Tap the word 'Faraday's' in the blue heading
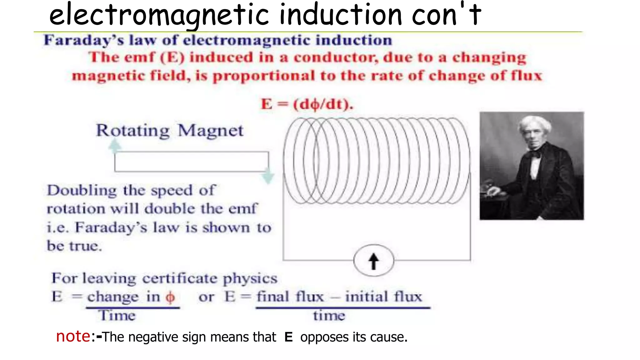[84, 40]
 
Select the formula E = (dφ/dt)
[307, 104]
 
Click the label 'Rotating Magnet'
[169, 130]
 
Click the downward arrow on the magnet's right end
[268, 177]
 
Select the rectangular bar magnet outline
[191, 162]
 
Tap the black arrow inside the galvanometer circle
[373, 261]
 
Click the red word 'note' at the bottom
[73, 336]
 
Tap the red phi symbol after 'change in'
[170, 297]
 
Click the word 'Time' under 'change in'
[117, 315]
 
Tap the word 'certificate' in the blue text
[179, 278]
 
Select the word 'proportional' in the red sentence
[264, 76]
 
